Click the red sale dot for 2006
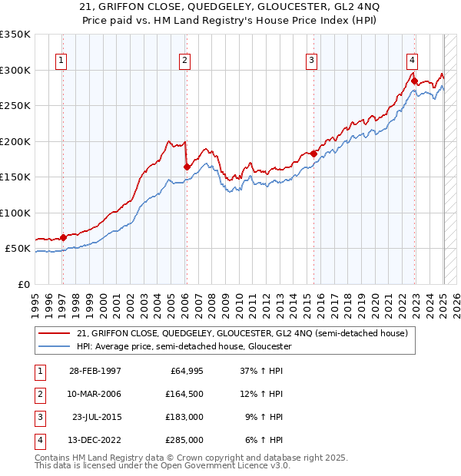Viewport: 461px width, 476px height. click(187, 167)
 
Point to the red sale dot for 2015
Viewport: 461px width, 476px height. click(314, 154)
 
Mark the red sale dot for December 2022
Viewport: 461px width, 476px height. click(415, 81)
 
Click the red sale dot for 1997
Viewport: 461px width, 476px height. click(64, 237)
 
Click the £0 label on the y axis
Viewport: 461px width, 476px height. click(23, 284)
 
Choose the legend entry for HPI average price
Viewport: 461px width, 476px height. click(184, 346)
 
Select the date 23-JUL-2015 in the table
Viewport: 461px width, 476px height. click(95, 417)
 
